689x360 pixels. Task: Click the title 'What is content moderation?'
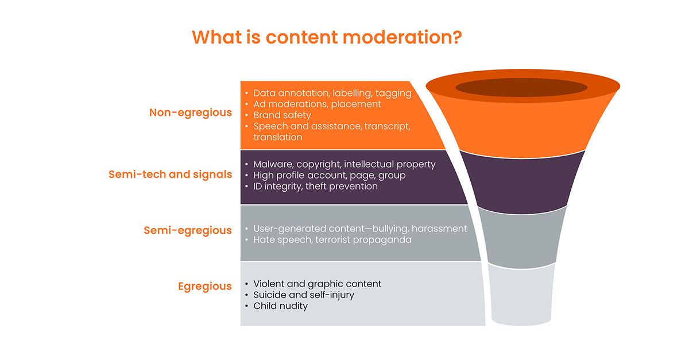[327, 37]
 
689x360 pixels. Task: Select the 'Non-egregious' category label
[191, 113]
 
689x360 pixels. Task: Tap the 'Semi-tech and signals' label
[170, 175]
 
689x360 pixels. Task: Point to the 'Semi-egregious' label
[188, 230]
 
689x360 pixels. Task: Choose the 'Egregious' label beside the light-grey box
[205, 287]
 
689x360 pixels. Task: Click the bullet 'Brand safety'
[282, 115]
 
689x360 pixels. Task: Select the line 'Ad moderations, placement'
[317, 104]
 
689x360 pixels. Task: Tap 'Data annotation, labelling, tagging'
[332, 93]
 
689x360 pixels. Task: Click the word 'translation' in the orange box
[278, 137]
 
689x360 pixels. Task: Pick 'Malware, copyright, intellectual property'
[344, 164]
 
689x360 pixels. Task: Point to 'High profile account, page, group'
[330, 175]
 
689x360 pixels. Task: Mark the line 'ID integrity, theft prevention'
[315, 187]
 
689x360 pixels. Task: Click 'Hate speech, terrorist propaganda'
[332, 239]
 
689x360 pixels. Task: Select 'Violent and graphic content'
[317, 284]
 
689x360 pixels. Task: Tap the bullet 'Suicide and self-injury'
[304, 295]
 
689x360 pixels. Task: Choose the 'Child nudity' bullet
[280, 306]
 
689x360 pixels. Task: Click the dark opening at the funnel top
[521, 87]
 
